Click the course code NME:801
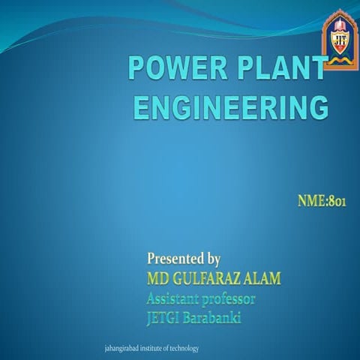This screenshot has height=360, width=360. pos(321,201)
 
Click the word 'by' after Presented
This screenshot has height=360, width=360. pos(212,260)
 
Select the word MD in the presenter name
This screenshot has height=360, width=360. pos(158,280)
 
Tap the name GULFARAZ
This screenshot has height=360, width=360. pos(205,280)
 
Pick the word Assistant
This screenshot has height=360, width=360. pos(175,298)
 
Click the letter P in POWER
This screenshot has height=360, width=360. pos(136,70)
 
